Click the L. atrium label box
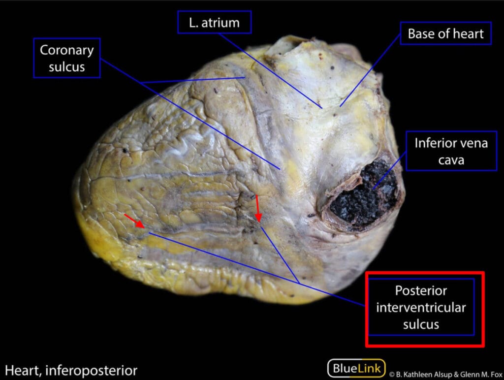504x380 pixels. pyautogui.click(x=215, y=22)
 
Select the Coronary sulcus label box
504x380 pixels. pyautogui.click(x=67, y=58)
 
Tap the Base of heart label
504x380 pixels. pyautogui.click(x=445, y=33)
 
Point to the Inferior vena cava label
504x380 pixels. pyautogui.click(x=451, y=151)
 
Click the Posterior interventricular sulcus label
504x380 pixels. pyautogui.click(x=421, y=307)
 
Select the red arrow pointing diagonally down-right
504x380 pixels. pyautogui.click(x=134, y=221)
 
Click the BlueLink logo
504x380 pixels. pyautogui.click(x=356, y=368)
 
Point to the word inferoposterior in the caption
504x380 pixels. pyautogui.click(x=91, y=371)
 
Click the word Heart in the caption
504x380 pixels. pyautogui.click(x=23, y=370)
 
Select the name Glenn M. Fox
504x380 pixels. pyautogui.click(x=481, y=375)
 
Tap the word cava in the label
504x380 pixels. pyautogui.click(x=451, y=160)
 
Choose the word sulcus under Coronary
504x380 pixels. pyautogui.click(x=67, y=67)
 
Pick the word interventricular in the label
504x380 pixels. pyautogui.click(x=421, y=308)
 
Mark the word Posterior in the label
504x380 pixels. pyautogui.click(x=421, y=290)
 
